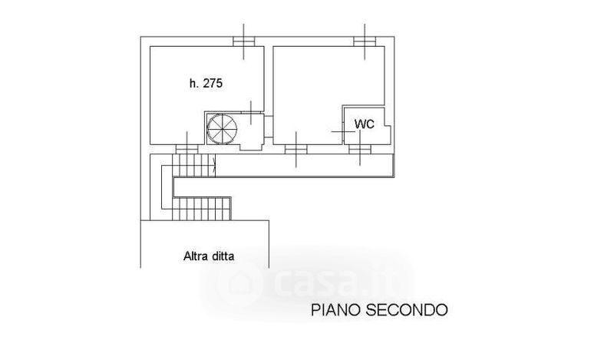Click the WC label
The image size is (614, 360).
[364, 124]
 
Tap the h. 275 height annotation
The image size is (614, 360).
[205, 84]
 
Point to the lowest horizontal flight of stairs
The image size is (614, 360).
[201, 207]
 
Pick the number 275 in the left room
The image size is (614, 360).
[213, 84]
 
